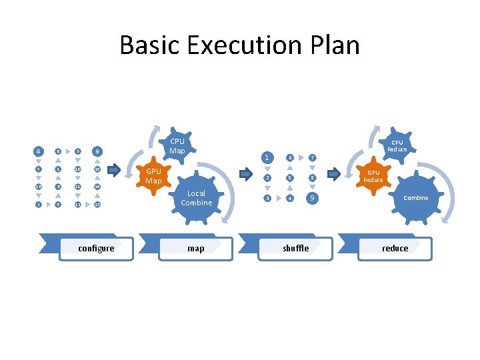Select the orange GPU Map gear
153,176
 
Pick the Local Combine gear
196,198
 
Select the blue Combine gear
415,198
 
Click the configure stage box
96,248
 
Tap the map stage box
195,248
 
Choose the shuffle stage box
295,248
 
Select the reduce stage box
395,248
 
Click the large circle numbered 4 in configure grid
38,151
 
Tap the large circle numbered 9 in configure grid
97,151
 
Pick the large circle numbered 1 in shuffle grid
267,158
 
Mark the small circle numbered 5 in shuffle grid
289,178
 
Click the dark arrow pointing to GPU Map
114,171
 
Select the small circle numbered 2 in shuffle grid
267,178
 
